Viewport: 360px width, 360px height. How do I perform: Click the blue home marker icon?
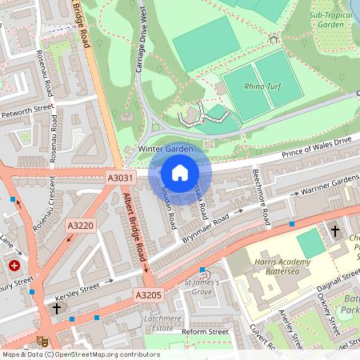click(x=180, y=173)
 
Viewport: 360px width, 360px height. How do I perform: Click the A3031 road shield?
click(x=117, y=178)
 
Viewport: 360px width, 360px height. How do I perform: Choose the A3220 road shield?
click(x=81, y=226)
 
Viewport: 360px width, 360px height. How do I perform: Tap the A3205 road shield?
click(x=148, y=295)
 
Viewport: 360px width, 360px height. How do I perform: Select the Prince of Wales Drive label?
click(x=312, y=148)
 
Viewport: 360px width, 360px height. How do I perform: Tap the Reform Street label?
click(x=206, y=331)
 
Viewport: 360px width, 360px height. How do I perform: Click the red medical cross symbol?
click(x=14, y=266)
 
